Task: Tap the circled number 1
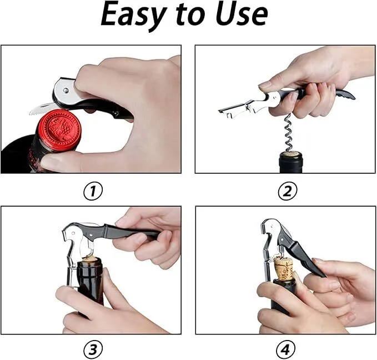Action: [x=93, y=192]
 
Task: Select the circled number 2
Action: [x=287, y=191]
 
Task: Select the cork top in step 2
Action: [x=290, y=154]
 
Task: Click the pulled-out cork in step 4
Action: [x=284, y=268]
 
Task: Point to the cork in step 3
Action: [x=89, y=261]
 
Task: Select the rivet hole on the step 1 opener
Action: [x=66, y=91]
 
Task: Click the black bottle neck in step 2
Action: [x=291, y=164]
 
